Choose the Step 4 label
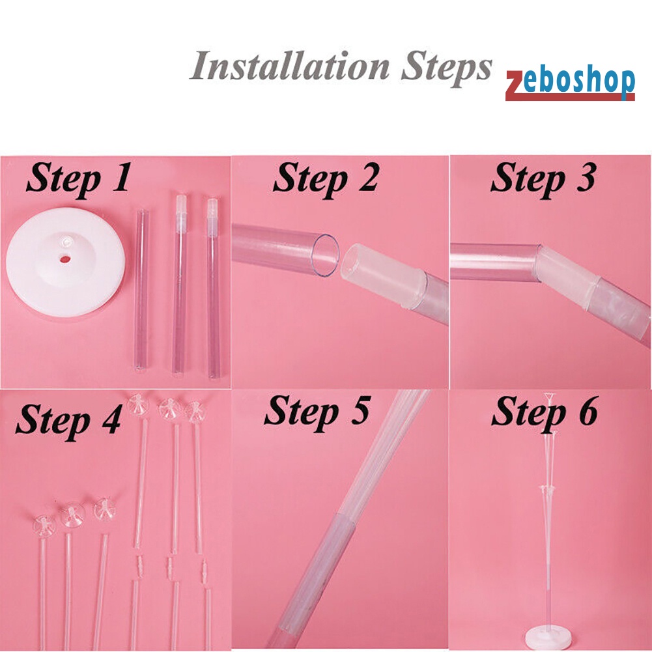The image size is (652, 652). tap(68, 420)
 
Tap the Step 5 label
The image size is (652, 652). tap(317, 412)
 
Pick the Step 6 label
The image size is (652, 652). tap(545, 412)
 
